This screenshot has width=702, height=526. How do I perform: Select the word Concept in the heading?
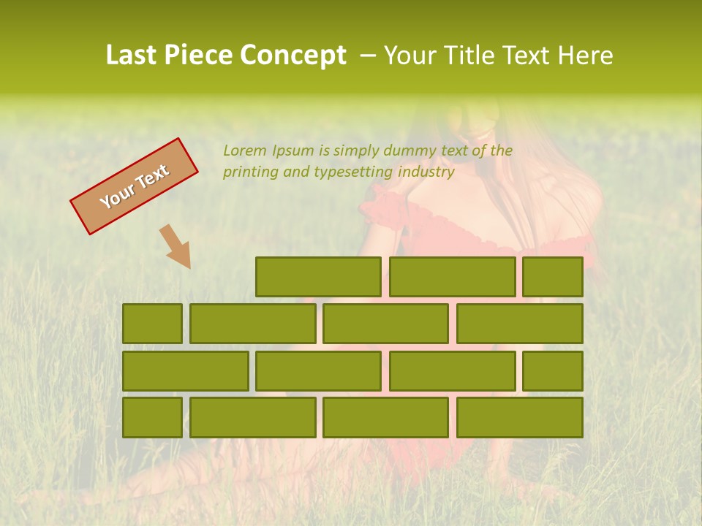tap(293, 56)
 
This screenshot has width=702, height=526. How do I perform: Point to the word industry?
tap(426, 172)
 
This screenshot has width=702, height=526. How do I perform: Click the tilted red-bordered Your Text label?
tap(134, 186)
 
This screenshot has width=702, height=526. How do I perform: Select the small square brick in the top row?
tap(553, 277)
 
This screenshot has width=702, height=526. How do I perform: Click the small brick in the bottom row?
tap(152, 417)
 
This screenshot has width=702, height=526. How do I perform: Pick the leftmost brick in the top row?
tap(318, 277)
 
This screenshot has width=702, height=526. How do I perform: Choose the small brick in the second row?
tap(152, 324)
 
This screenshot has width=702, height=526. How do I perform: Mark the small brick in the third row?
tap(553, 370)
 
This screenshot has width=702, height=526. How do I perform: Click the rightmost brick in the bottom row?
tap(520, 417)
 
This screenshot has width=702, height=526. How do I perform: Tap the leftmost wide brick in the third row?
tap(185, 370)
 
